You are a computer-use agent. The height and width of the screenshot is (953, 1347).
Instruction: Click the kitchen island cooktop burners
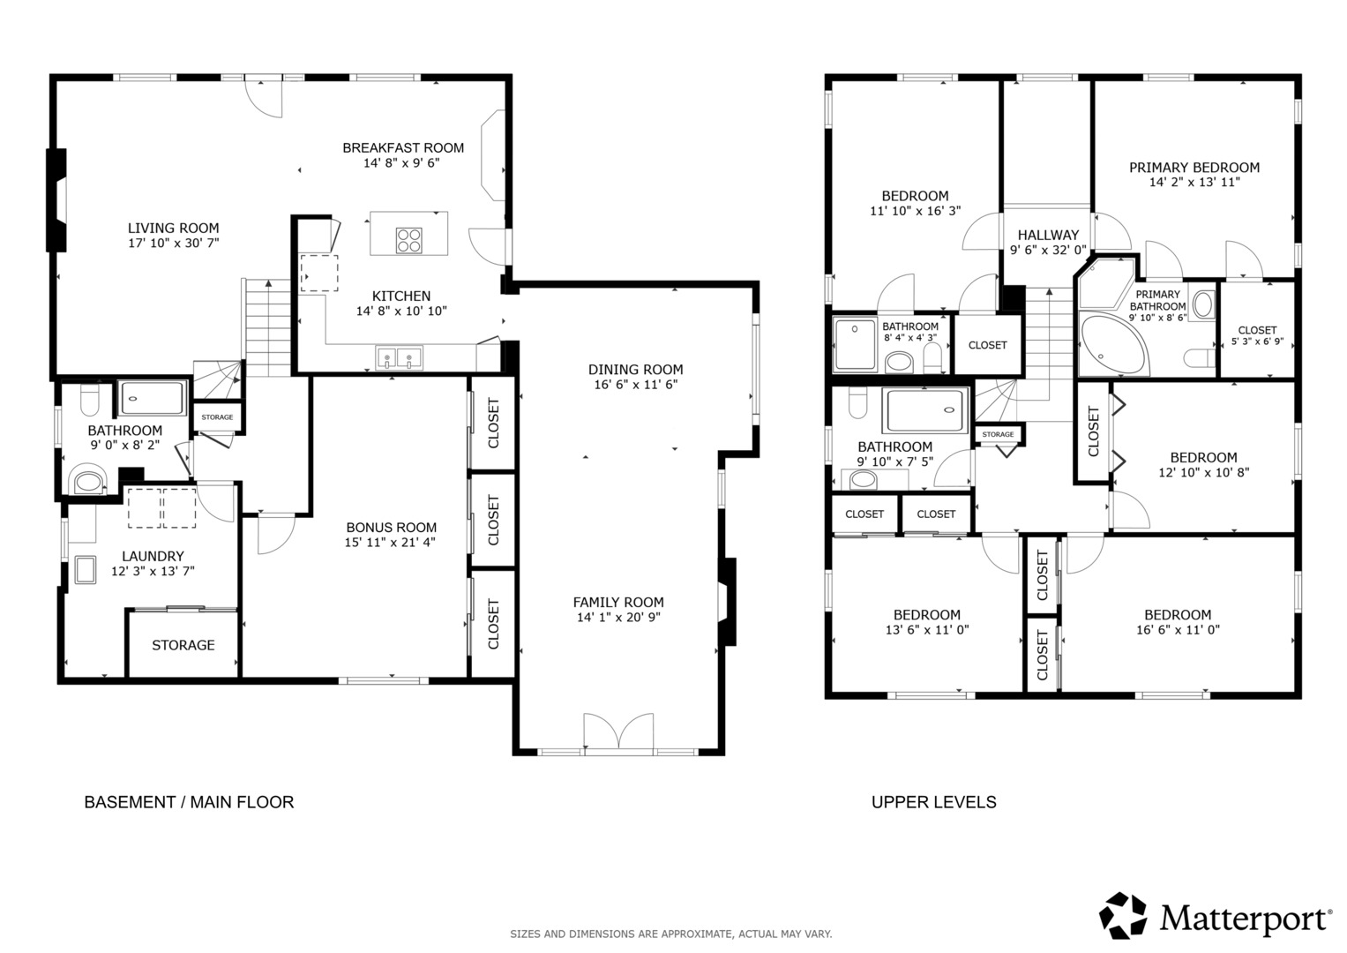click(409, 240)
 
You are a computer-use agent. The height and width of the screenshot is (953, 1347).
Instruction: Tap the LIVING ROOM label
click(173, 228)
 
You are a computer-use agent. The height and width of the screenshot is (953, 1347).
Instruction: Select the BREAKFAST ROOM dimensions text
click(401, 163)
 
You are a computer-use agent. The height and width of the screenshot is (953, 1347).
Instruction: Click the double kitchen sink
click(399, 357)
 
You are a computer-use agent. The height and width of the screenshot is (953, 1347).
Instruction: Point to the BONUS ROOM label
click(392, 528)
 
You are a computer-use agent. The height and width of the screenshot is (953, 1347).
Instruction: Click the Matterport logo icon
click(1123, 916)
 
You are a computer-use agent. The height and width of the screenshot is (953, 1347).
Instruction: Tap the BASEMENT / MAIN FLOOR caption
click(189, 802)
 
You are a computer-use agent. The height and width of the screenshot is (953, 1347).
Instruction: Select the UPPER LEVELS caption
click(934, 802)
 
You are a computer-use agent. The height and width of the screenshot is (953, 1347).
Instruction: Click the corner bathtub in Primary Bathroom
click(1113, 343)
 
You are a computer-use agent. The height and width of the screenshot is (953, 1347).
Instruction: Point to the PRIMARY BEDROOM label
click(1194, 168)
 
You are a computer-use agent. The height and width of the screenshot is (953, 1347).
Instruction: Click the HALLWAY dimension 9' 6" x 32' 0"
click(1048, 250)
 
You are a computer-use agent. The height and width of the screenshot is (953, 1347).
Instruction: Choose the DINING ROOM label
click(636, 370)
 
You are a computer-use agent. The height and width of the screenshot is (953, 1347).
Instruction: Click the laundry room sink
click(85, 570)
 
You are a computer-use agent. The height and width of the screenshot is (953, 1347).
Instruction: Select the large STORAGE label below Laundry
click(183, 646)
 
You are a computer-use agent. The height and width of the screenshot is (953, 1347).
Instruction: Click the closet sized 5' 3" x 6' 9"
click(1257, 330)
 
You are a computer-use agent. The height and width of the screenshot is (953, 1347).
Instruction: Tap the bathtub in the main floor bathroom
click(152, 398)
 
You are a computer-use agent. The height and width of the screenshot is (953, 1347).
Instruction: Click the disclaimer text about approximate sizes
click(671, 934)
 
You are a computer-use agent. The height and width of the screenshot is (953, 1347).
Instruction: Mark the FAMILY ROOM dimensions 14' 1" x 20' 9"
click(618, 618)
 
